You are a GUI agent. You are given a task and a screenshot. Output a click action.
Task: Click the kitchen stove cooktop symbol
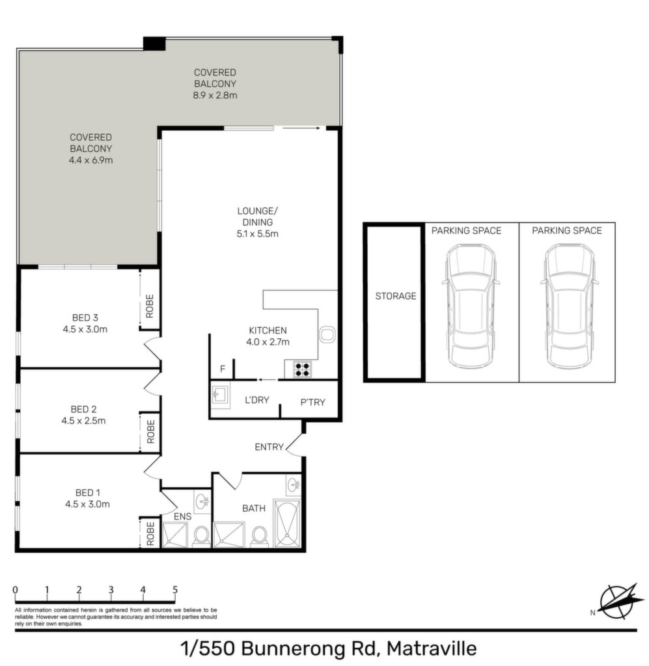pyautogui.click(x=303, y=369)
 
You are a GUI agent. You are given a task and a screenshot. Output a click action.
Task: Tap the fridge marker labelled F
pyautogui.click(x=223, y=369)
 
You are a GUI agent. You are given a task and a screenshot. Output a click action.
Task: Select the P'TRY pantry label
pyautogui.click(x=313, y=402)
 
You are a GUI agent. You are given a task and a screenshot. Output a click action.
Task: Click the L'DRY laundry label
pyautogui.click(x=257, y=400)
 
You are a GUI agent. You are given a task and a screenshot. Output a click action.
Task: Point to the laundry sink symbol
pyautogui.click(x=221, y=395)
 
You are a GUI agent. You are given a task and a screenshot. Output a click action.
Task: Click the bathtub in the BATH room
pyautogui.click(x=287, y=524)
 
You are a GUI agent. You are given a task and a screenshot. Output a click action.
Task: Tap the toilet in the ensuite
pyautogui.click(x=201, y=535)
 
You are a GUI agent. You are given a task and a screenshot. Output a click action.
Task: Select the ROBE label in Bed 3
pyautogui.click(x=150, y=306)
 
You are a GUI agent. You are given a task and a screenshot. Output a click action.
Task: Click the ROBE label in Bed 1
pyautogui.click(x=150, y=534)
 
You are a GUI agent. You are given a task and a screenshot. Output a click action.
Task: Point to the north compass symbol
pyautogui.click(x=619, y=601)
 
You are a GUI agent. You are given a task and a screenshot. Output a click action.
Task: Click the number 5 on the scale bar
pyautogui.click(x=175, y=589)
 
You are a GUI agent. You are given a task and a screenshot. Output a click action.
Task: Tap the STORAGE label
pyautogui.click(x=396, y=296)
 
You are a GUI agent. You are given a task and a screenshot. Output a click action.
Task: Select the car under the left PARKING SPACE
pyautogui.click(x=471, y=306)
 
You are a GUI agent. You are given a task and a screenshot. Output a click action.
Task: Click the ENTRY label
pyautogui.click(x=269, y=447)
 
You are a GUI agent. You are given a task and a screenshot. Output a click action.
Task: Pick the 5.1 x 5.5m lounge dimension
pyautogui.click(x=258, y=233)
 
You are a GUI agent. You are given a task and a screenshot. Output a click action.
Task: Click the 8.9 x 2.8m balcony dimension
pyautogui.click(x=215, y=95)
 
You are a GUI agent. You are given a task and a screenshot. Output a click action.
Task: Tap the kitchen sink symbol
pyautogui.click(x=327, y=334)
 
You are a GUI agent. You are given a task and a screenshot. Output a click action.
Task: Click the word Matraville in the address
pyautogui.click(x=432, y=648)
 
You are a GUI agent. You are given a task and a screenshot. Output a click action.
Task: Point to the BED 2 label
pyautogui.click(x=84, y=409)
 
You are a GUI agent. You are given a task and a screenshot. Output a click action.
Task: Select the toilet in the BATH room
pyautogui.click(x=259, y=535)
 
